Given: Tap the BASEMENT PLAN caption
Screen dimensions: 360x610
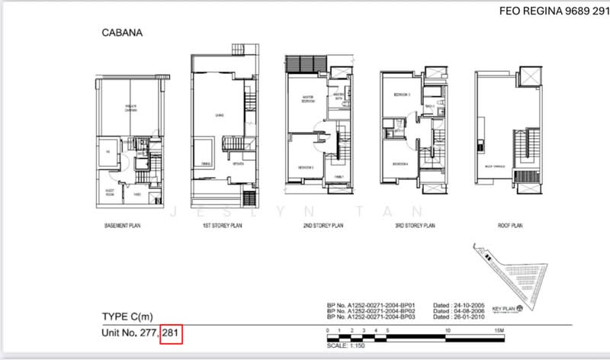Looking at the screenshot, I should coord(124,226).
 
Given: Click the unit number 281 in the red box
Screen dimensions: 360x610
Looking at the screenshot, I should coord(171,333).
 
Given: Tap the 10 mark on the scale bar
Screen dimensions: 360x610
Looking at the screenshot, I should coord(448,330).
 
